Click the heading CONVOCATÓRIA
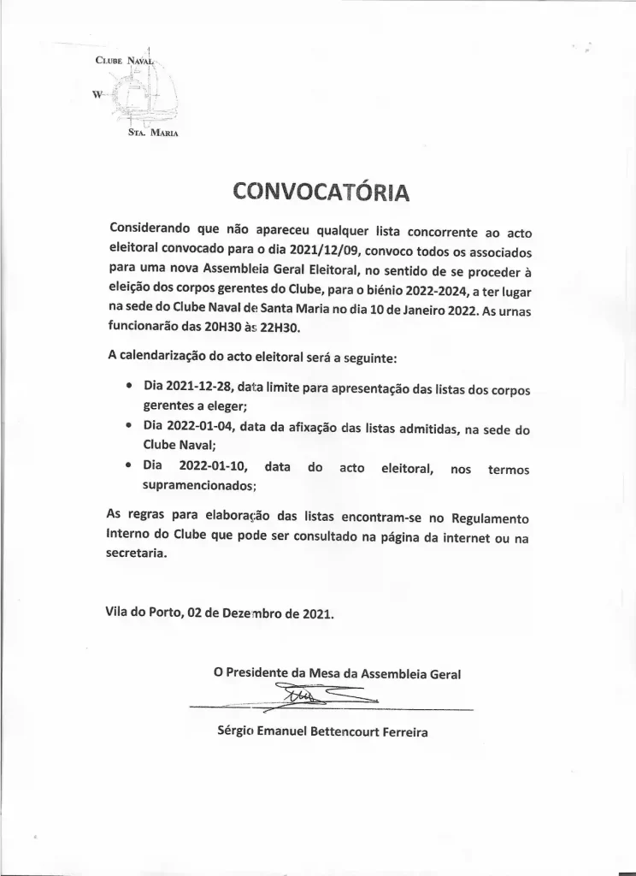tap(321, 191)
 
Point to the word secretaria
tap(137, 554)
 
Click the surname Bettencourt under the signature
tap(328, 731)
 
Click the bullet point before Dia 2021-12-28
tap(128, 388)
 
